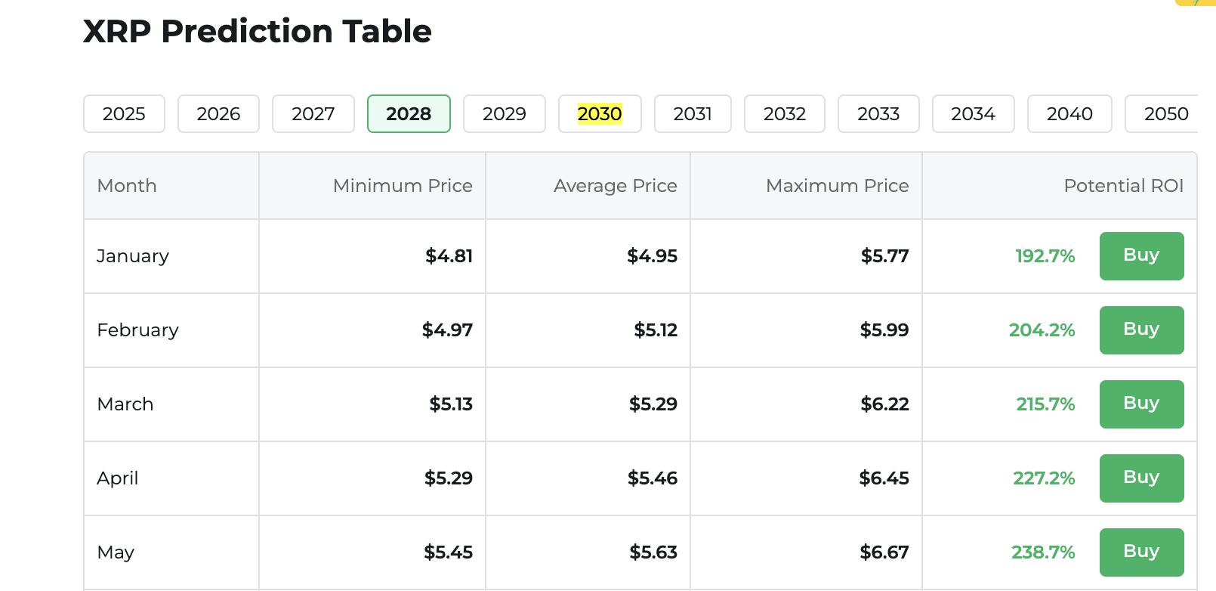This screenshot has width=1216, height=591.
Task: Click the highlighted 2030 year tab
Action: point(600,114)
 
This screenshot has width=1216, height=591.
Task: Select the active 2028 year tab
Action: point(409,114)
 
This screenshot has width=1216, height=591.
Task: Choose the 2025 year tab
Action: point(124,114)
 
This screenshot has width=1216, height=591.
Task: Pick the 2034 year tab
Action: point(973,114)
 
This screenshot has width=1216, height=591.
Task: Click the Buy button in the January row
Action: point(1141,255)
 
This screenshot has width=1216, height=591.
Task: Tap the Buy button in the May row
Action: point(1141,552)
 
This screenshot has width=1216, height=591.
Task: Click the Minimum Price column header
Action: point(403,186)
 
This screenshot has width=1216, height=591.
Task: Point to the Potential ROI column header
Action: point(1123,186)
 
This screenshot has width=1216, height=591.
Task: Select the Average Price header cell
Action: point(615,186)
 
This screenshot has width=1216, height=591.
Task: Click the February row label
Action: point(137,330)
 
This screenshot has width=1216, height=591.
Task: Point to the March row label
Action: point(125,404)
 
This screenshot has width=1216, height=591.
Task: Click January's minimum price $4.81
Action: point(449,256)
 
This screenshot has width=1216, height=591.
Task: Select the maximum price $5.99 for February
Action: point(884,330)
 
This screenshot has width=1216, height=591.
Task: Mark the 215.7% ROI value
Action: point(1045,404)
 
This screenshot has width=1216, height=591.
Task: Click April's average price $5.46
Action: point(653,478)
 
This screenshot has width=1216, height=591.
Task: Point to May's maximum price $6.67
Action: point(884,552)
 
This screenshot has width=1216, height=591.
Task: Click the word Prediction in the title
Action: point(246,32)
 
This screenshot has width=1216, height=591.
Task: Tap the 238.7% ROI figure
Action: point(1043,552)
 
